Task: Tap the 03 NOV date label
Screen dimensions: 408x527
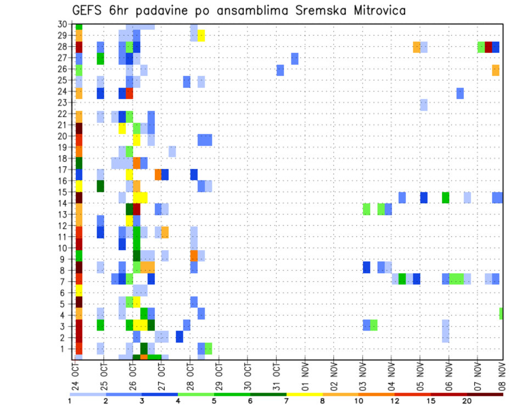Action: click(363, 377)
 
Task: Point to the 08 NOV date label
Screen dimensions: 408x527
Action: click(502, 377)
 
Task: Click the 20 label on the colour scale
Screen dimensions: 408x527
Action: click(467, 401)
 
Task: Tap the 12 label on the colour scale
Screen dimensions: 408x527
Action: click(395, 401)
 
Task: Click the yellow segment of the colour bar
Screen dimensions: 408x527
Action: click(304, 394)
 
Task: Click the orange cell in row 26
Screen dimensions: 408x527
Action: click(496, 70)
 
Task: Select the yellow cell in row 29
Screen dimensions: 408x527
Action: click(201, 36)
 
